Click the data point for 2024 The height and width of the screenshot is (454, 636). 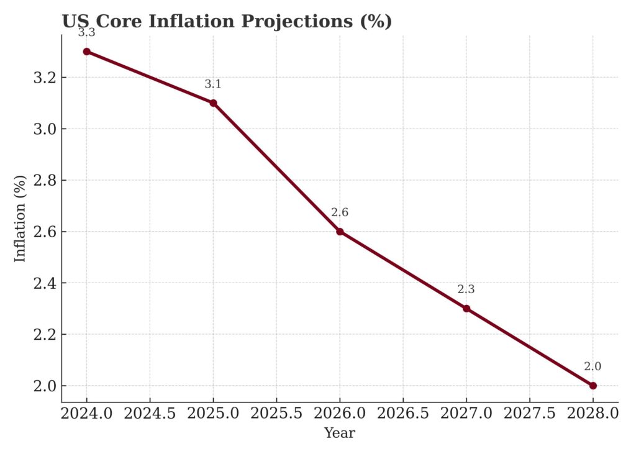(x=87, y=52)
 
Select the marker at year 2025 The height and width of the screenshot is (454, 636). (x=213, y=103)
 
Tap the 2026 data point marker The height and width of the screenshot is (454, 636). (x=340, y=232)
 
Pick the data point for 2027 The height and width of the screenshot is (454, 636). (x=466, y=309)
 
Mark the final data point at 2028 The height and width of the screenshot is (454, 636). (x=593, y=386)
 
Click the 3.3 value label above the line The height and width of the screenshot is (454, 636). (x=87, y=33)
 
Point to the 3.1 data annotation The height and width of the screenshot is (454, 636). (x=213, y=84)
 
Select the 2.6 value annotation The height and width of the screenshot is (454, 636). (x=340, y=212)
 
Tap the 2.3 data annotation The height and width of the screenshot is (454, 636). (x=466, y=289)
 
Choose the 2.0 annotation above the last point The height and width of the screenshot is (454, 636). (x=593, y=366)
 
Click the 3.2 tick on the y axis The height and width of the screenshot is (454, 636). (x=43, y=78)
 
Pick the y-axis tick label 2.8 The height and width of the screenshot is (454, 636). (x=43, y=181)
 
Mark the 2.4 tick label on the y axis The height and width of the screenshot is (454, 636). (x=43, y=283)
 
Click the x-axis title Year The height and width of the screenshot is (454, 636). (x=340, y=434)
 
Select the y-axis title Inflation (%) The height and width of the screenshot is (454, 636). (x=20, y=219)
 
